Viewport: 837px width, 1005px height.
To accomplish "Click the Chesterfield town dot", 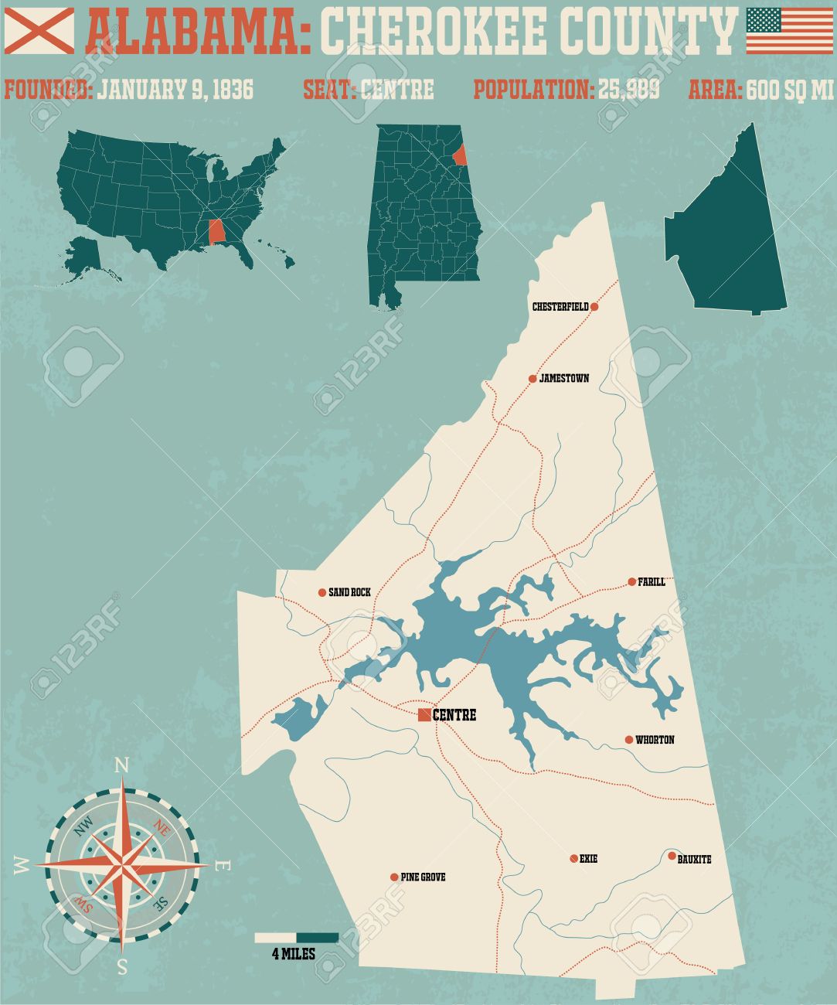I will (594, 307).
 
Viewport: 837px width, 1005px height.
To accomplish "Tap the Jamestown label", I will (564, 379).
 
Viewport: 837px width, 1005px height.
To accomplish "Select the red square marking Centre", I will (424, 715).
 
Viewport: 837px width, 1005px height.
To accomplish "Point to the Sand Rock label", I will (349, 593).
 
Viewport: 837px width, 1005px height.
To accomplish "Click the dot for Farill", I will (631, 581).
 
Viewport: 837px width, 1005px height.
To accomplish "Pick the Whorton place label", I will (655, 741).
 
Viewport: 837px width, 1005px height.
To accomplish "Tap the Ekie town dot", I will (573, 858).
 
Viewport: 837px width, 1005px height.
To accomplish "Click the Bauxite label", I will (694, 860).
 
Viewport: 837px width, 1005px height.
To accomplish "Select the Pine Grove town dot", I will (394, 877).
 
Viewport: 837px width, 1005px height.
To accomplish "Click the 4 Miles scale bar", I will (297, 938).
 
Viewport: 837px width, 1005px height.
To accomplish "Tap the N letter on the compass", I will (121, 765).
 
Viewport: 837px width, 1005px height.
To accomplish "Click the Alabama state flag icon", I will (39, 30).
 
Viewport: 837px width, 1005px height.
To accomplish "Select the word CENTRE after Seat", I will (397, 90).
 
